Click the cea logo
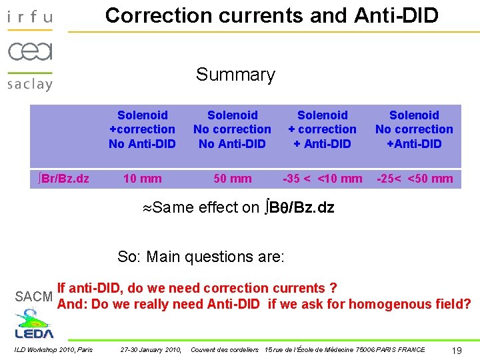(x=30, y=51)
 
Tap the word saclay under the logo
(x=30, y=84)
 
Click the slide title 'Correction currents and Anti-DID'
(x=272, y=15)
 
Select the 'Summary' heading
(x=235, y=75)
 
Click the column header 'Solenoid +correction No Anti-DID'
(x=142, y=129)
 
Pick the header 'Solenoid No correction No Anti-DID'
(x=232, y=129)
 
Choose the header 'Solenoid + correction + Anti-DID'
(x=322, y=129)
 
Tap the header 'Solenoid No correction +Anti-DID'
(x=414, y=129)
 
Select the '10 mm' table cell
(x=142, y=179)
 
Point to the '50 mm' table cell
(x=232, y=179)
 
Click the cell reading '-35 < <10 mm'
(x=322, y=179)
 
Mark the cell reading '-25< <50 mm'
(x=414, y=179)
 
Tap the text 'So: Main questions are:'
(x=201, y=256)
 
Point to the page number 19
(x=457, y=350)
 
